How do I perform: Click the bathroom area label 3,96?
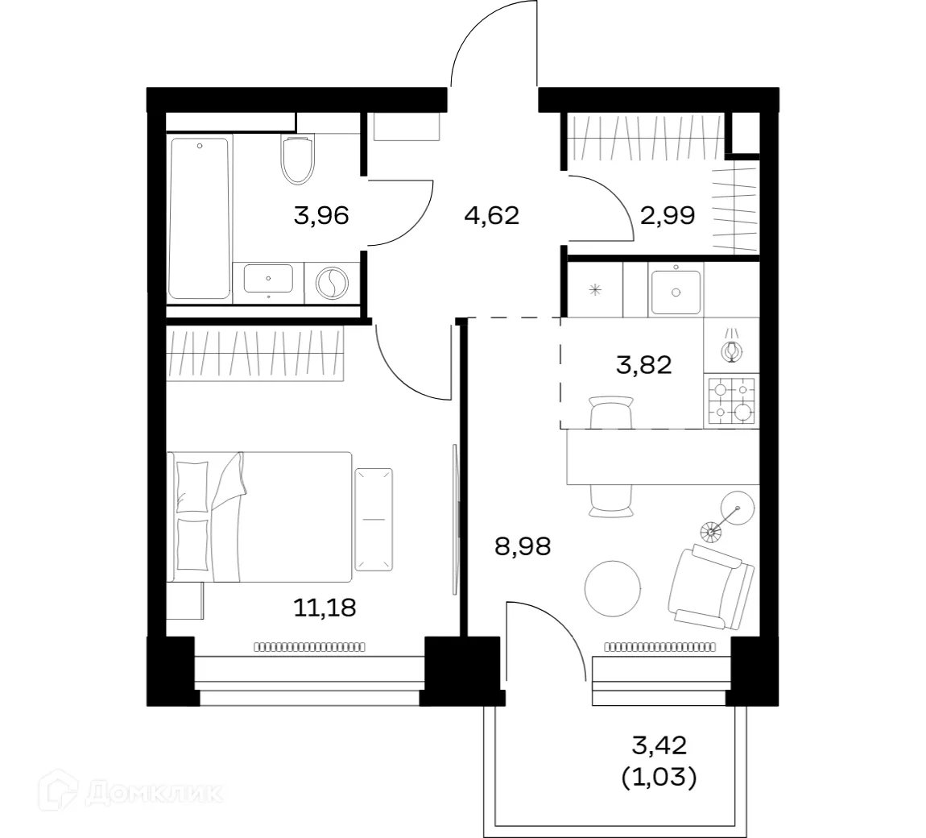pos(321,216)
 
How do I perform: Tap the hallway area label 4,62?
pos(492,216)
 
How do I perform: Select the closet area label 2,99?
pos(668,216)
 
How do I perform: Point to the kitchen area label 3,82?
pos(643,365)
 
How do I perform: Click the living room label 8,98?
pos(523,547)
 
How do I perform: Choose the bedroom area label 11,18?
pos(325,606)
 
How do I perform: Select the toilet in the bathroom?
pos(296,158)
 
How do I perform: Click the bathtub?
pos(200,218)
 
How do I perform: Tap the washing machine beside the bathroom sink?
pos(331,283)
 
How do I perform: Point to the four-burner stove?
pos(731,400)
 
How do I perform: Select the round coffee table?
pos(613,589)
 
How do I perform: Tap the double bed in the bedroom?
pos(259,516)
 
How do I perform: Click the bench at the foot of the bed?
pos(374,521)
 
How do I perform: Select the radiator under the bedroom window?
pos(309,645)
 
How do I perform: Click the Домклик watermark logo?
pos(134,793)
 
